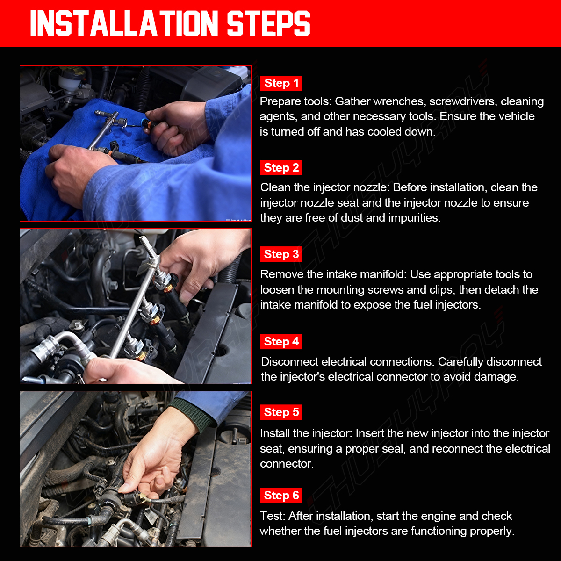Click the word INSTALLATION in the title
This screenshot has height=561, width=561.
tap(124, 23)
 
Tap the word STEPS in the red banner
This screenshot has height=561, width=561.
tap(268, 23)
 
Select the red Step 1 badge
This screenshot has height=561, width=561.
tap(281, 83)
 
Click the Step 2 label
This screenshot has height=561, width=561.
tap(281, 168)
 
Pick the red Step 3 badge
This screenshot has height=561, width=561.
tap(281, 254)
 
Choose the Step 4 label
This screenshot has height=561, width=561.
tap(281, 341)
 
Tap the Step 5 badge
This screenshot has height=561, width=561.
tap(281, 412)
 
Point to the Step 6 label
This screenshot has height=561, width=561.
tap(281, 496)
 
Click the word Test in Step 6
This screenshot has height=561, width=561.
tap(272, 516)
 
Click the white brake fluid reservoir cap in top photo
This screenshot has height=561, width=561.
tap(69, 79)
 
